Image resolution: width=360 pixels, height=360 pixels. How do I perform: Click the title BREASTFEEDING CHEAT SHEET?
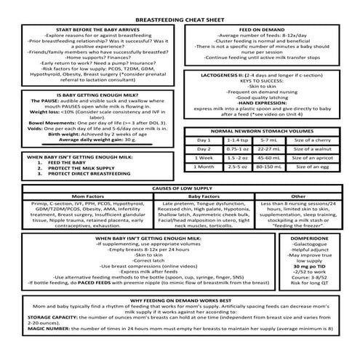coord(180,21)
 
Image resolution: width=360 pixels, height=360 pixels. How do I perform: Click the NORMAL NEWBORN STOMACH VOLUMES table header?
coord(269,131)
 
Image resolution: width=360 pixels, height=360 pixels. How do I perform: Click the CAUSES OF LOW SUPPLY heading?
coord(180,188)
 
